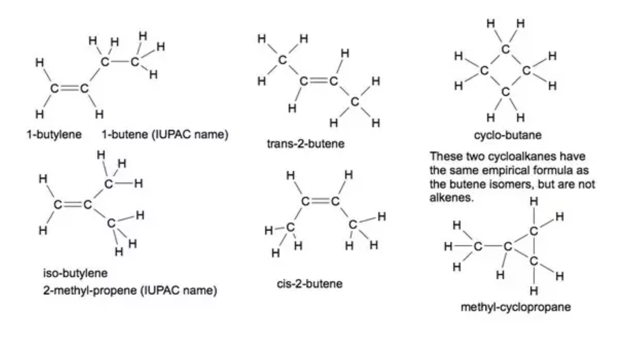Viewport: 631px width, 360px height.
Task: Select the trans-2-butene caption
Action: [305, 145]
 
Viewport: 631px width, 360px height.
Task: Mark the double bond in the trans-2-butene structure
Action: [319, 81]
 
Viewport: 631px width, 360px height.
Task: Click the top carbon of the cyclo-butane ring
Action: [505, 49]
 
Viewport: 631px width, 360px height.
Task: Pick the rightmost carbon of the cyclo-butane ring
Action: [526, 70]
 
